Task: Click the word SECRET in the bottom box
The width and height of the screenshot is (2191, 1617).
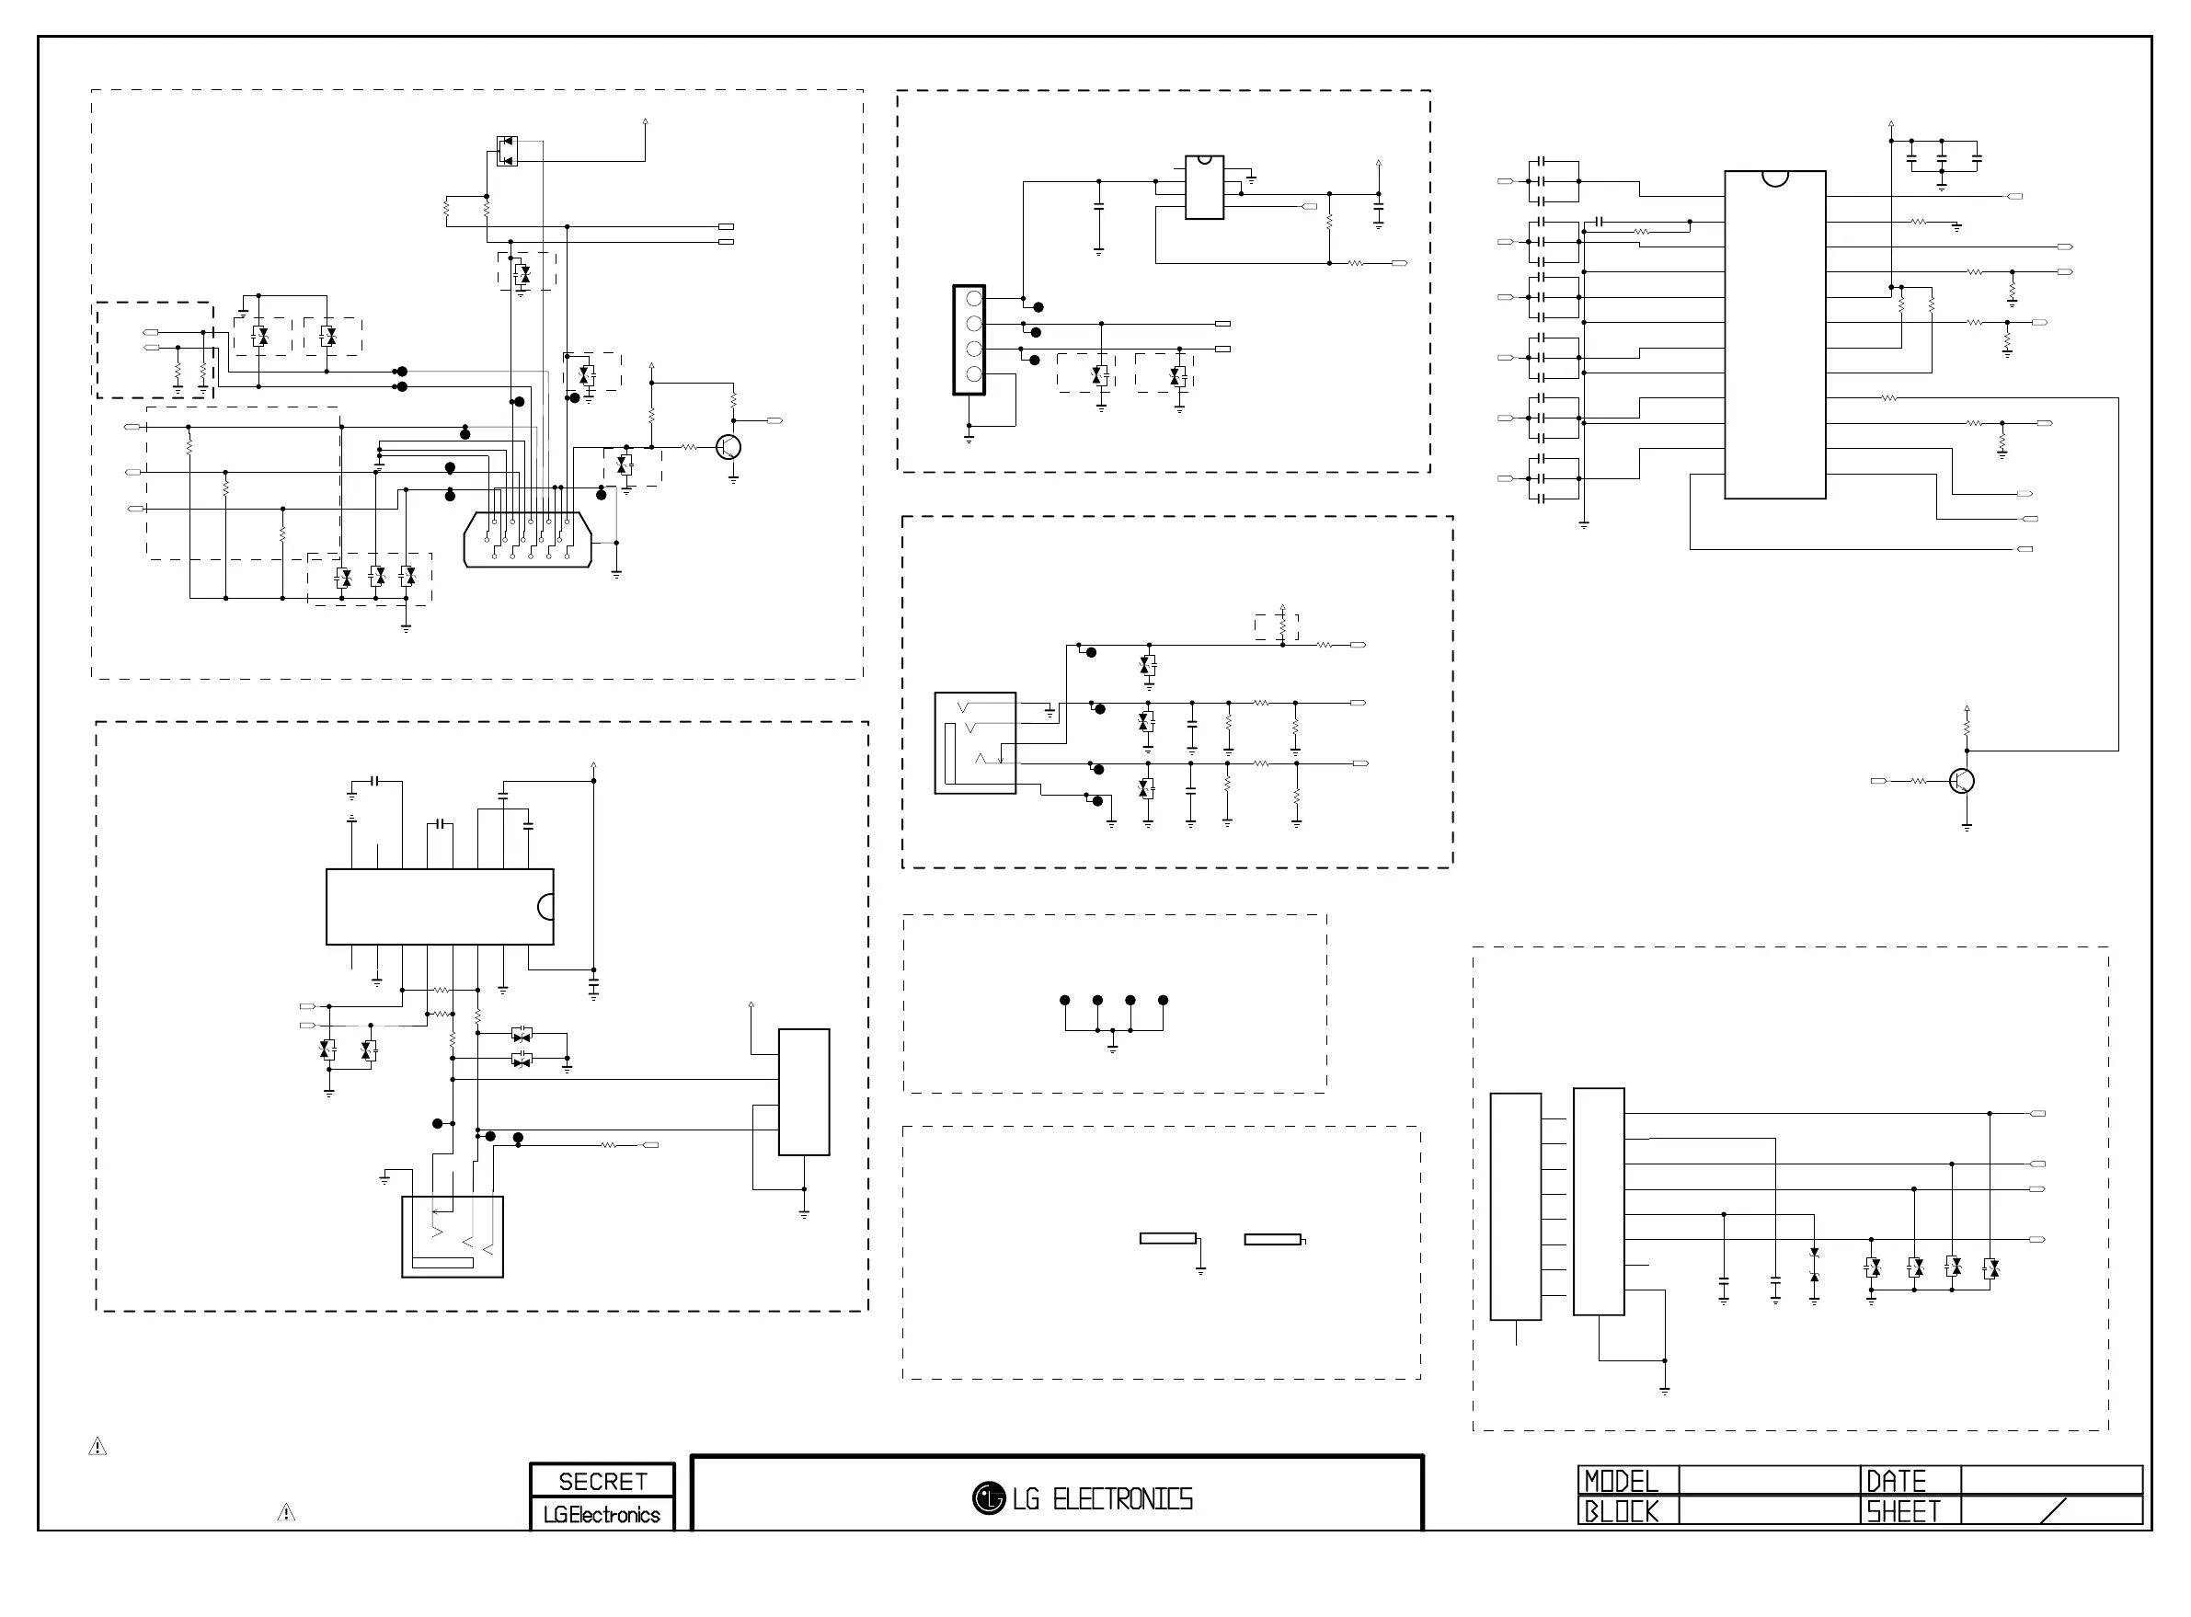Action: coord(602,1481)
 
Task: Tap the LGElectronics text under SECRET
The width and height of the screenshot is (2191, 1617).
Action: coord(602,1514)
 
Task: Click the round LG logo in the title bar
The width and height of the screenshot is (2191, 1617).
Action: coord(989,1497)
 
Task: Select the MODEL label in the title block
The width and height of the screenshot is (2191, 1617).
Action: coord(1621,1481)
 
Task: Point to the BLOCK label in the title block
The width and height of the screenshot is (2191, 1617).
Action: coord(1621,1511)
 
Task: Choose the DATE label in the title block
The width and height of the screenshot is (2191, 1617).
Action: coord(1897,1481)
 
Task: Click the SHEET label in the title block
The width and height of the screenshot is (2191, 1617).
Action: coord(1903,1511)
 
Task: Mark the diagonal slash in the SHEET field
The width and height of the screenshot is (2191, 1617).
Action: coord(2054,1510)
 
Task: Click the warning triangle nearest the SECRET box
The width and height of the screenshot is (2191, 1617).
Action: coord(286,1512)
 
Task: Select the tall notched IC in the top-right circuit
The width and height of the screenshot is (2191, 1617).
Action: coord(1774,335)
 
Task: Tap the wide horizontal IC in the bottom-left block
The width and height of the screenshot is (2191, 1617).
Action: coord(440,906)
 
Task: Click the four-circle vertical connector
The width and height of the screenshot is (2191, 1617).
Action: coord(969,339)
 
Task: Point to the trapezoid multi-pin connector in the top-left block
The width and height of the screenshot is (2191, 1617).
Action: coord(527,539)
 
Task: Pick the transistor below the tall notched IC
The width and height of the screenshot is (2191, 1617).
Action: coord(1961,781)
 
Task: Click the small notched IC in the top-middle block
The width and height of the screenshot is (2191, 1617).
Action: coord(1204,187)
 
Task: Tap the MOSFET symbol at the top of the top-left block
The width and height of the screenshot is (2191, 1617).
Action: coord(507,151)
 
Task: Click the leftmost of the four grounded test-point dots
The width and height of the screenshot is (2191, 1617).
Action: coord(1064,1001)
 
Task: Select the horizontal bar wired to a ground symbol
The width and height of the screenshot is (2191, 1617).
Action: coord(1167,1238)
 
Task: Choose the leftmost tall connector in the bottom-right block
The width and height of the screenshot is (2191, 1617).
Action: coord(1515,1206)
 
